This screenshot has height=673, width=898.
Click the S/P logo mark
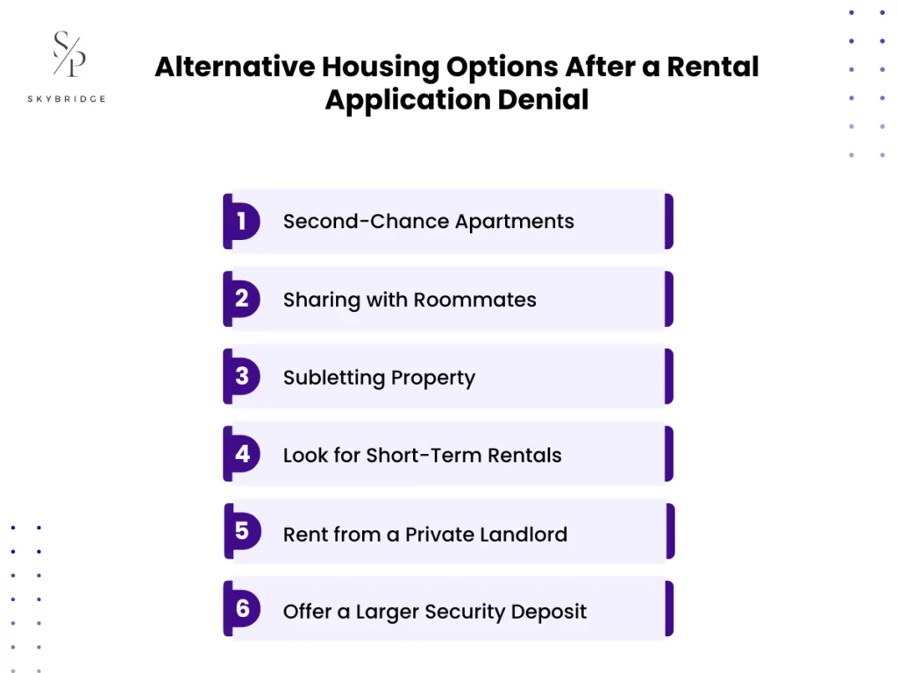69,53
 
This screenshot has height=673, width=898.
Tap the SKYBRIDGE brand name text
67,99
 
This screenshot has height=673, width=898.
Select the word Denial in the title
545,99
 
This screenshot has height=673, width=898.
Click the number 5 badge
242,532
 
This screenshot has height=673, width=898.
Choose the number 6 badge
242,609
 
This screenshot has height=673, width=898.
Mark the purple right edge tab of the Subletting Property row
669,377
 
